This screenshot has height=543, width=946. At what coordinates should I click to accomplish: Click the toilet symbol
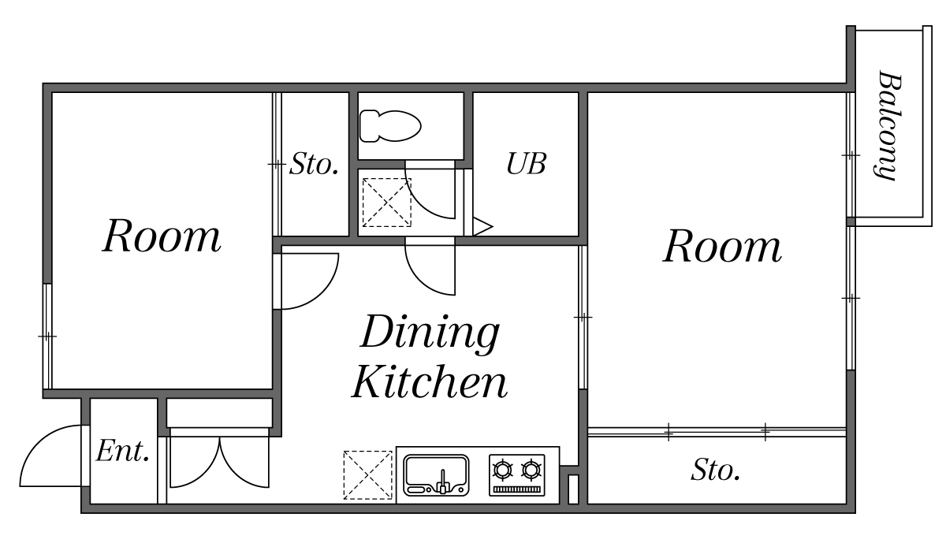(389, 125)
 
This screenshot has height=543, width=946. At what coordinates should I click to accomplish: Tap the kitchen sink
(436, 474)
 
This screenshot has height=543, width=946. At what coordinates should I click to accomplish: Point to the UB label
(526, 164)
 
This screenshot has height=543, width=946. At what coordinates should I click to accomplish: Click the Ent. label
(123, 452)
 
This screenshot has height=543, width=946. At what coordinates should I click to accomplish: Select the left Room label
(162, 236)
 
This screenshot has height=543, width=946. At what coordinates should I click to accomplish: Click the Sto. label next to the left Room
(315, 165)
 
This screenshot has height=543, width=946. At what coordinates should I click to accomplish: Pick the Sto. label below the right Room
(716, 470)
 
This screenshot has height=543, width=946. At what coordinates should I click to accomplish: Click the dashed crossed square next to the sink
(368, 475)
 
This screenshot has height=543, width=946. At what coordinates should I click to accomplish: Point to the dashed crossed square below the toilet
(386, 202)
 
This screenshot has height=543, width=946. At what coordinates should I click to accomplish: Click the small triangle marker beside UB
(482, 227)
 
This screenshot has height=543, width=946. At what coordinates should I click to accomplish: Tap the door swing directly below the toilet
(430, 192)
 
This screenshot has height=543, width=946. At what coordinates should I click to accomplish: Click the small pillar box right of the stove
(573, 488)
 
